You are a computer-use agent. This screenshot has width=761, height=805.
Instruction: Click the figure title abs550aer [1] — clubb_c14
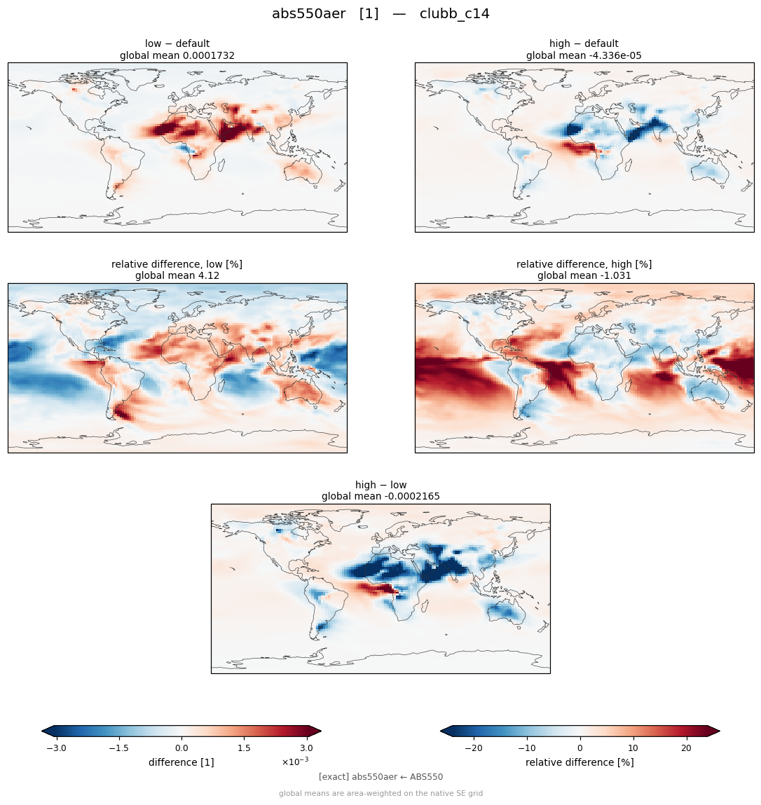tap(380, 13)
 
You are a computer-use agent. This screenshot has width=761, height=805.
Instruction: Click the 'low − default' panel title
tap(177, 43)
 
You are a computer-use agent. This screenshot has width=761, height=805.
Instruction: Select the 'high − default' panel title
tap(584, 43)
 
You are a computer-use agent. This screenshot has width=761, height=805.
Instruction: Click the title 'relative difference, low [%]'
tap(177, 264)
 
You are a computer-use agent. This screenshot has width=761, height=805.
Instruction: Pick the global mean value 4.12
tap(209, 276)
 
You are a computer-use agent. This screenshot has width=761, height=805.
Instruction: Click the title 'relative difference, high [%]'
tap(584, 264)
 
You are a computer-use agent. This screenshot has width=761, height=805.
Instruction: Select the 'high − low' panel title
tap(380, 485)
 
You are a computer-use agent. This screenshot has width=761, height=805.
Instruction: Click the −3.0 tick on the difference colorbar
tap(57, 748)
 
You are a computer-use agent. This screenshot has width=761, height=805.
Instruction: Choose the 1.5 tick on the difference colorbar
tap(244, 748)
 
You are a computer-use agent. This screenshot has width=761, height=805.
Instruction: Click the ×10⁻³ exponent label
tap(295, 761)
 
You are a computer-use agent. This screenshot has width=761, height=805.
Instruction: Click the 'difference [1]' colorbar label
tap(181, 762)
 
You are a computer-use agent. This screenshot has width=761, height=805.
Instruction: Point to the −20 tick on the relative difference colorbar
tap(474, 748)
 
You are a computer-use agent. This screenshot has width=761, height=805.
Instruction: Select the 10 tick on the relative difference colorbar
tap(633, 748)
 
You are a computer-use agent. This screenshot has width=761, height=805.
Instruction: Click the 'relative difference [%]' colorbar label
tap(580, 762)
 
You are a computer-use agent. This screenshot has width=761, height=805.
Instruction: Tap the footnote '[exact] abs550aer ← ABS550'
tap(380, 777)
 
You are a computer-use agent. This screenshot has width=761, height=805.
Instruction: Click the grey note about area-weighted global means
tap(380, 794)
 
